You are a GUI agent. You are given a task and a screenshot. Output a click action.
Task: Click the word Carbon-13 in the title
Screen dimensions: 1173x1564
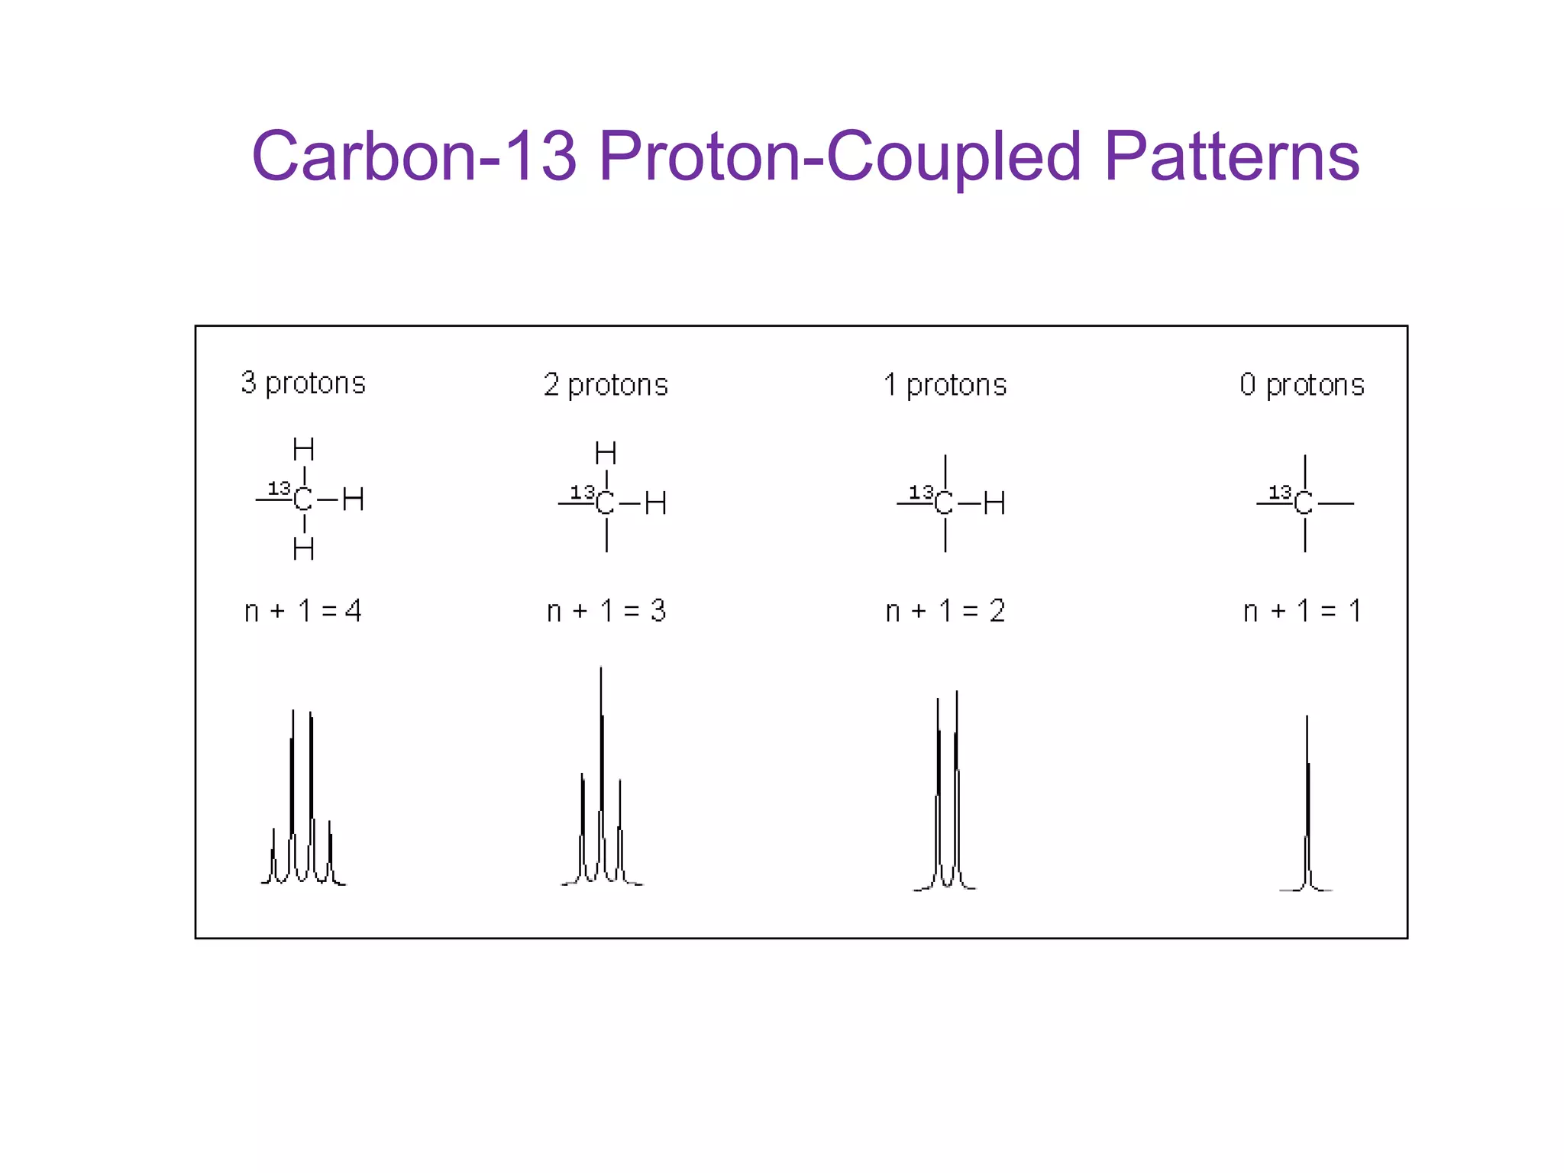point(413,156)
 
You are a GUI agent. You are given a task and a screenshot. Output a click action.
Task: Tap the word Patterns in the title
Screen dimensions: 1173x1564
point(1231,156)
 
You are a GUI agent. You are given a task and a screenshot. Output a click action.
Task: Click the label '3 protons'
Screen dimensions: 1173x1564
point(303,383)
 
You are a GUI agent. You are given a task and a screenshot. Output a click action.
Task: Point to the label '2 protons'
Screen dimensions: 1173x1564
point(606,385)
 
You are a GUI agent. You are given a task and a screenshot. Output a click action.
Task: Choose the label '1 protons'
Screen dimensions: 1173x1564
point(945,385)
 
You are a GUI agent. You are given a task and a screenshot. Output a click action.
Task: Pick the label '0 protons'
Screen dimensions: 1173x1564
point(1302,385)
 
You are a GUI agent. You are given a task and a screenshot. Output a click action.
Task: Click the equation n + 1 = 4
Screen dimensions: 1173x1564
point(302,611)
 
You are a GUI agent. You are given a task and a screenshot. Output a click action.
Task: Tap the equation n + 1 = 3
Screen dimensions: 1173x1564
point(606,611)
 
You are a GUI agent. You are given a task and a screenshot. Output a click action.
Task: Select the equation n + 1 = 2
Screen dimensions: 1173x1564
point(945,611)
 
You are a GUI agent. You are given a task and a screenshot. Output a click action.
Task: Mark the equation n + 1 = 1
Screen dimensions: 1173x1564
point(1302,611)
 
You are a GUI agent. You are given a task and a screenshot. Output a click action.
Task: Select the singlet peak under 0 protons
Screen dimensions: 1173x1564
point(1307,809)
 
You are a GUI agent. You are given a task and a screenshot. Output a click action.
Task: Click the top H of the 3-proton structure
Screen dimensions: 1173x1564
point(303,449)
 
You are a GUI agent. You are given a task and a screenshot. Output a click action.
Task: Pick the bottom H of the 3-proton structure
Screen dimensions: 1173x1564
point(303,548)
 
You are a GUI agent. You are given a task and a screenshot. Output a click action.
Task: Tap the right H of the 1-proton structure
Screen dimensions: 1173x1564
point(994,503)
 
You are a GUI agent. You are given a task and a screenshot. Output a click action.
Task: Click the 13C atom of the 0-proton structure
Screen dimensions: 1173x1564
point(1303,503)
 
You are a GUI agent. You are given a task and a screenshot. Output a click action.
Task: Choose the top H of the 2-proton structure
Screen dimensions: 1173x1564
point(606,454)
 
